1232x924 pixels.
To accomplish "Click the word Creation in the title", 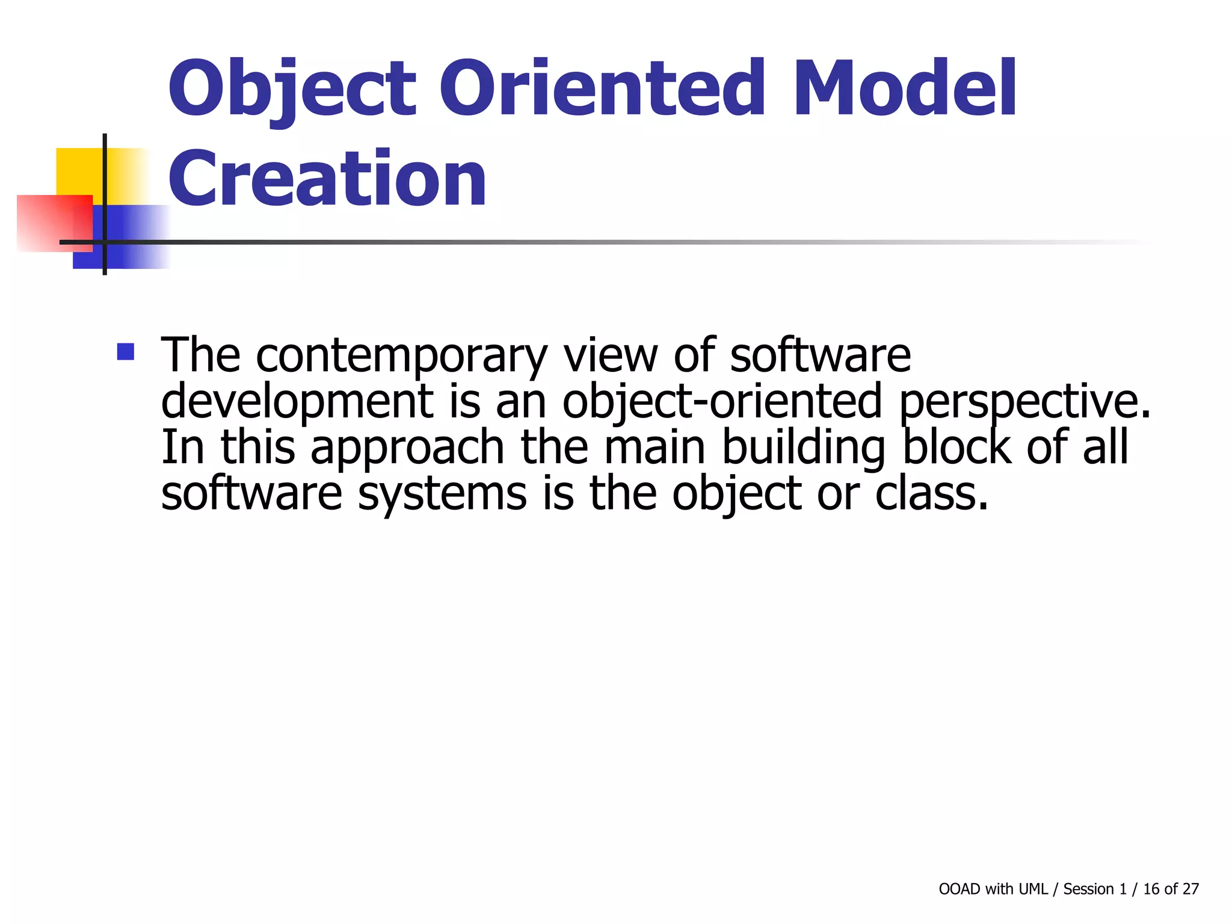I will (x=327, y=179).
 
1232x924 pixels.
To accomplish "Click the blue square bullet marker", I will (x=126, y=351).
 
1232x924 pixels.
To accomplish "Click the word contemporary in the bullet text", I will (x=401, y=356).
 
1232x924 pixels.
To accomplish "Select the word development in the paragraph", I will (x=297, y=401).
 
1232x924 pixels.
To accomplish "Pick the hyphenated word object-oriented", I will (x=721, y=401).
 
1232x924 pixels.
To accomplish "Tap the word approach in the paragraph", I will (x=407, y=448).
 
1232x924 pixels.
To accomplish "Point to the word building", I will (x=803, y=448).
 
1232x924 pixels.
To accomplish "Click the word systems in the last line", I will (x=442, y=494).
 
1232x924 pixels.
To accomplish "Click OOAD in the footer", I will (x=959, y=889).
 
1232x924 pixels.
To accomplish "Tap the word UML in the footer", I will (x=1033, y=889).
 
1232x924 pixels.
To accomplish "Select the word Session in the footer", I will (x=1088, y=889).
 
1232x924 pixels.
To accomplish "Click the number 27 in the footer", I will (x=1190, y=889).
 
